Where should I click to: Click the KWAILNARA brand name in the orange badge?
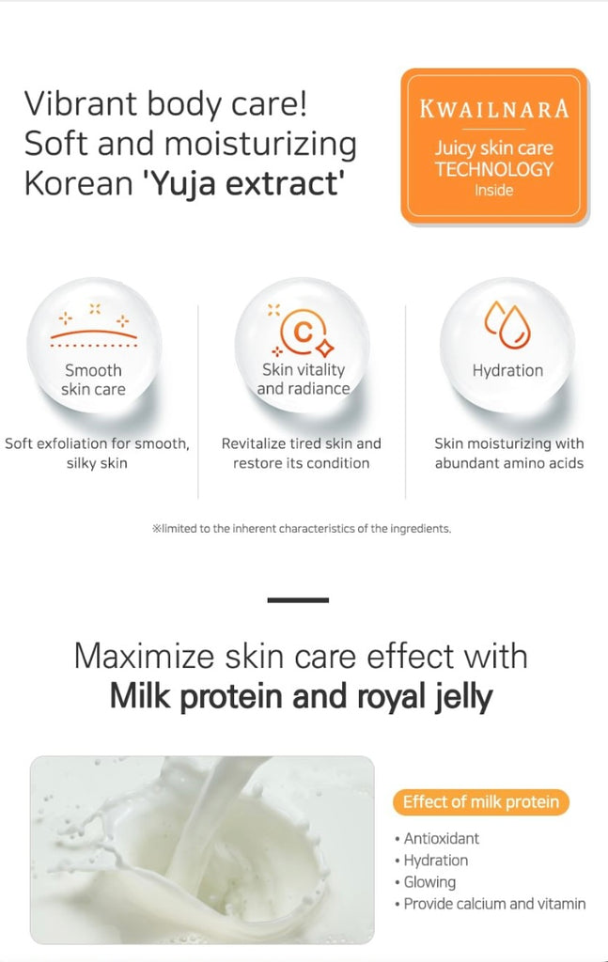[x=494, y=109]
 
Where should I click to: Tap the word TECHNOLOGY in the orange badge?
[x=494, y=169]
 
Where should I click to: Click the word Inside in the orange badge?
[x=494, y=190]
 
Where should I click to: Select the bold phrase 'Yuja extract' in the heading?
[x=243, y=183]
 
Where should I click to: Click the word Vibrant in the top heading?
[x=79, y=103]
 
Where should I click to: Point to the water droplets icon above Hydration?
[x=507, y=324]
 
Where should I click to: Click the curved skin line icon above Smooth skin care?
[x=94, y=334]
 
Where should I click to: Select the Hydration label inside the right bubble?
[x=507, y=370]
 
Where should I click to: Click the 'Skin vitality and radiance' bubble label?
[x=304, y=380]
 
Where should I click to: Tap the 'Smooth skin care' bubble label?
[x=93, y=380]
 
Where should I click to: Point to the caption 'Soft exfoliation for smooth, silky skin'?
[x=97, y=453]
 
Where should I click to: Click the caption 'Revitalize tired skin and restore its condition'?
[x=302, y=453]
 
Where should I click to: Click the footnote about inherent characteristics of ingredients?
[x=302, y=529]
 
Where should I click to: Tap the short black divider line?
[x=298, y=600]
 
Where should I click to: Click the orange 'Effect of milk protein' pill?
[x=481, y=802]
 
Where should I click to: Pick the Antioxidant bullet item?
[x=438, y=839]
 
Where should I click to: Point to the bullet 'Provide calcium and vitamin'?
[x=491, y=904]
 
